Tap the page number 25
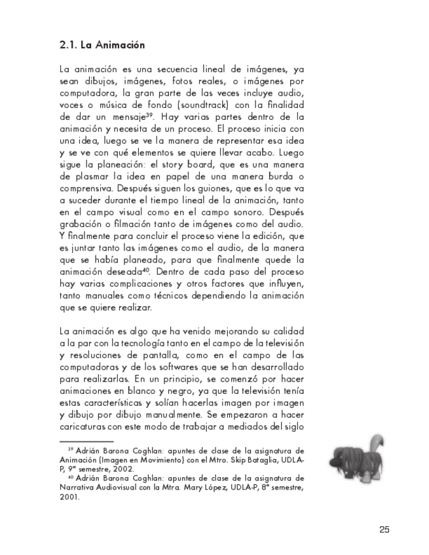click(x=384, y=529)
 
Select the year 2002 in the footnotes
click(x=122, y=469)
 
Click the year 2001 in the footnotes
click(x=68, y=497)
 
